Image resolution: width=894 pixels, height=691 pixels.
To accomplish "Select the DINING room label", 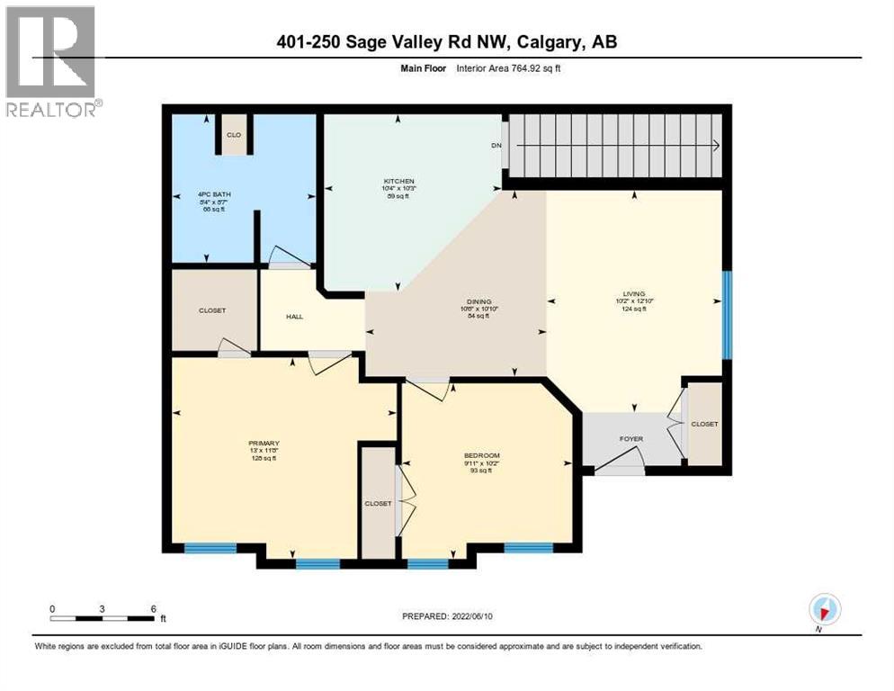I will click(x=478, y=302).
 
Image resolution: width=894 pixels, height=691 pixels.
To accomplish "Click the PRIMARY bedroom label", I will click(x=264, y=444).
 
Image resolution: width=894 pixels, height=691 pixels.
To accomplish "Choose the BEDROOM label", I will click(x=482, y=456).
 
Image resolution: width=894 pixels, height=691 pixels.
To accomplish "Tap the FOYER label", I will click(x=631, y=439).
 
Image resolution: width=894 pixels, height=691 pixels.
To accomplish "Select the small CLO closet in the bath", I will click(x=233, y=136).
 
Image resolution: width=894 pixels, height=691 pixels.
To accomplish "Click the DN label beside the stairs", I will click(x=496, y=146).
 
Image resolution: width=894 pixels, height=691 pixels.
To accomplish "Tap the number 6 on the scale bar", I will click(x=154, y=609).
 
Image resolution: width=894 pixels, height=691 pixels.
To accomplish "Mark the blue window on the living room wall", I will click(x=728, y=315).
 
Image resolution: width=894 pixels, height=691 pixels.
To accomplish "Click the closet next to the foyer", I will click(x=704, y=424).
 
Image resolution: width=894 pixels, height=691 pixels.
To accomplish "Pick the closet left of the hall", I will click(x=213, y=310).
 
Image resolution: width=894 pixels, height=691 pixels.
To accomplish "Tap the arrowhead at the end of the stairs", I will click(x=716, y=146).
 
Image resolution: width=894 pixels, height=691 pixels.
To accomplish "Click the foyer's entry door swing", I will click(x=621, y=461).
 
